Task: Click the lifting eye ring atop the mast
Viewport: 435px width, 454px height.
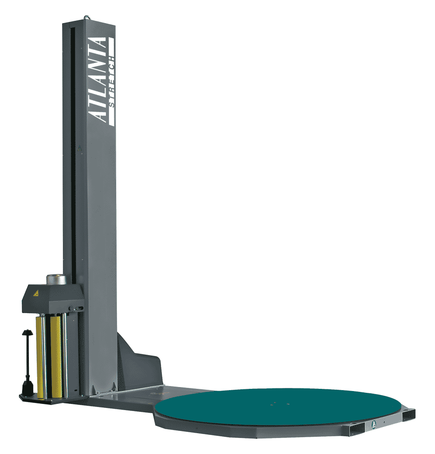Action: pos(86,18)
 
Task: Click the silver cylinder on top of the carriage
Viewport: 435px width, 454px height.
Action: pos(55,279)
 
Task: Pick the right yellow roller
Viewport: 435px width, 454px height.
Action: pos(55,357)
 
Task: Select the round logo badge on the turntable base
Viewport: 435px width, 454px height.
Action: pos(374,424)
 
